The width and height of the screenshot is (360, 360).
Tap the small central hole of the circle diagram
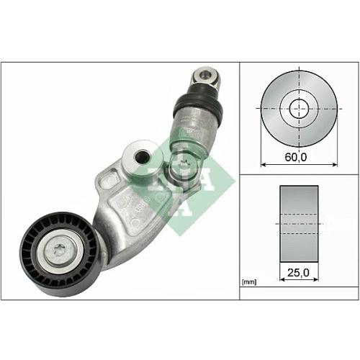click(297, 109)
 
